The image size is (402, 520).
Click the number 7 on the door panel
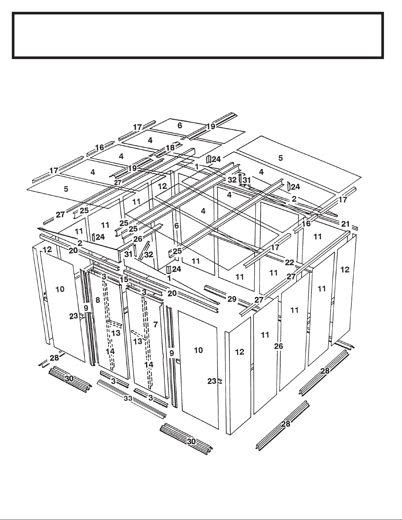156,325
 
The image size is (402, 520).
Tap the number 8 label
98,300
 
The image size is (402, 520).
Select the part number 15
124,279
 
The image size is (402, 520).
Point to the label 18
171,148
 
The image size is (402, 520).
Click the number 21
346,224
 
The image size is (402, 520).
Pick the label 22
289,262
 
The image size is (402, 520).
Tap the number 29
232,299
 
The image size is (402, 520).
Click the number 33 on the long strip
128,398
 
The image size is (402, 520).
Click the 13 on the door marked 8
116,333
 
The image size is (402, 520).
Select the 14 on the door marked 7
149,365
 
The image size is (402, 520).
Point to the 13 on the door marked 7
138,342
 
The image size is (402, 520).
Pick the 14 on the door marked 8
110,351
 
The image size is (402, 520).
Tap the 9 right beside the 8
86,308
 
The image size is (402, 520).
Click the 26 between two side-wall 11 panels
279,346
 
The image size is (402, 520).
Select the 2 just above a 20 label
80,243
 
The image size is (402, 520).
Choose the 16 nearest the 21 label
306,224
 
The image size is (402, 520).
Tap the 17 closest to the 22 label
275,247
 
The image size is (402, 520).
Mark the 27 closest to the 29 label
259,299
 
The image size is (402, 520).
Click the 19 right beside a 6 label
211,126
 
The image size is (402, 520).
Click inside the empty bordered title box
198,35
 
